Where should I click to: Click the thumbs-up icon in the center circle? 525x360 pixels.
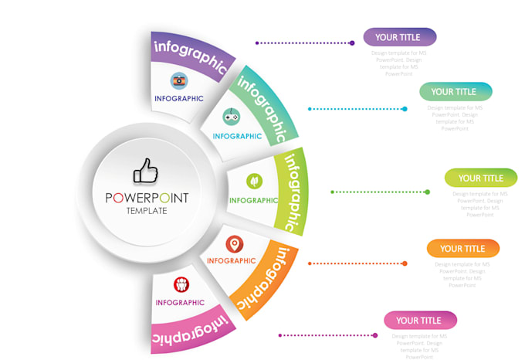(145, 172)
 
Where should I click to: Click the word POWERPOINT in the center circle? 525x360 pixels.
(147, 198)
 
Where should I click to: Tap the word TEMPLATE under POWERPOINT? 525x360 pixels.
(147, 211)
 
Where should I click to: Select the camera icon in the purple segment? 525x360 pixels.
(179, 80)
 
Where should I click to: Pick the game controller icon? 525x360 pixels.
(232, 117)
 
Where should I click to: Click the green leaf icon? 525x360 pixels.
(253, 181)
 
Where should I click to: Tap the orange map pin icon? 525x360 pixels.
(235, 244)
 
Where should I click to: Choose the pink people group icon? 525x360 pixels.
(181, 284)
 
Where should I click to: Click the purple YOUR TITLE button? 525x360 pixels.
(400, 37)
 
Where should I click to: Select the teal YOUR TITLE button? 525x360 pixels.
(456, 92)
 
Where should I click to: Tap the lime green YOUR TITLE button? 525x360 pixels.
(480, 178)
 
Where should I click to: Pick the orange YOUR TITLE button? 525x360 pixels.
(463, 249)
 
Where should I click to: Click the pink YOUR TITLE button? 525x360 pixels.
(420, 321)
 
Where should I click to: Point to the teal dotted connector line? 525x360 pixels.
(355, 109)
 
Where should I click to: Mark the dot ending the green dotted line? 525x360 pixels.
(428, 192)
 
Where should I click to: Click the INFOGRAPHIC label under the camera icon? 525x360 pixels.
(179, 99)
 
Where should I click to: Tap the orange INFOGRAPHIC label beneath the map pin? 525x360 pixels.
(231, 261)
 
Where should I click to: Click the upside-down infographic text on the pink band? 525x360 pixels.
(190, 328)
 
